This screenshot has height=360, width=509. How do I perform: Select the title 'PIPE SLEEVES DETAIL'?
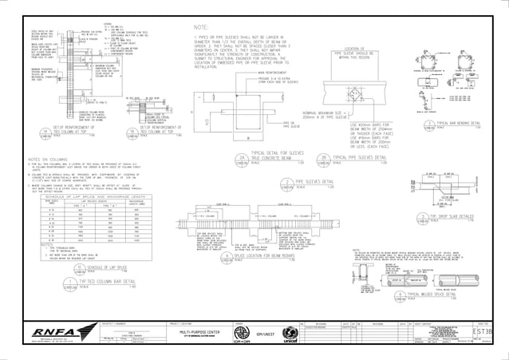tap(306, 182)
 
